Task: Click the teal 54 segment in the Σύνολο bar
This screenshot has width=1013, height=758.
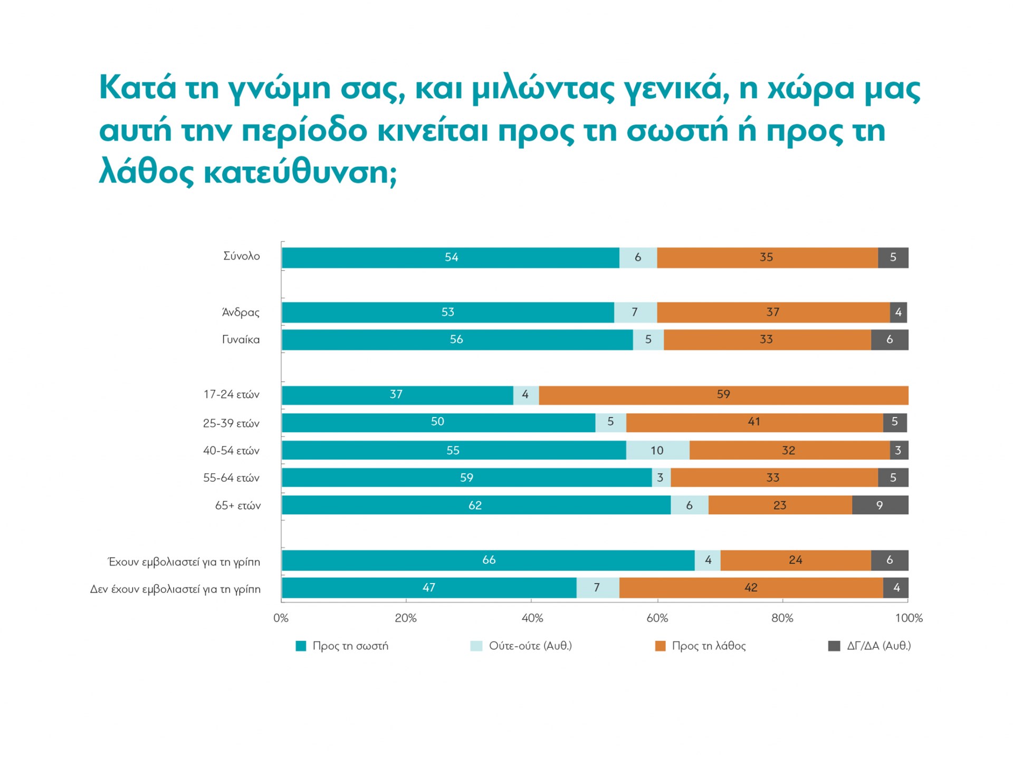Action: tap(451, 258)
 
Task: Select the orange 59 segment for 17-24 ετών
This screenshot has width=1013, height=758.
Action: tap(723, 395)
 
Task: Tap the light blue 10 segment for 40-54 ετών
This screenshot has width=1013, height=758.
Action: tap(657, 450)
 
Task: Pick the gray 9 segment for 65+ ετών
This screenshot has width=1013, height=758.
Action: tap(880, 505)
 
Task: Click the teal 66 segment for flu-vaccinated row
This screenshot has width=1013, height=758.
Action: tap(488, 560)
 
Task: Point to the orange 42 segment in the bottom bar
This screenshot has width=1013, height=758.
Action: tap(751, 588)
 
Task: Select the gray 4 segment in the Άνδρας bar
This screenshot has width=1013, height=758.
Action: tap(899, 313)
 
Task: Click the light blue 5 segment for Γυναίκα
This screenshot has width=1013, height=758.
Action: tap(648, 340)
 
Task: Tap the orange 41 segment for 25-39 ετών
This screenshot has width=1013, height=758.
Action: tap(754, 422)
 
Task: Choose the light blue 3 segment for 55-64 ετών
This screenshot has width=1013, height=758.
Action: tap(661, 478)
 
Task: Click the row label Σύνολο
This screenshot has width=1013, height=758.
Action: tap(242, 257)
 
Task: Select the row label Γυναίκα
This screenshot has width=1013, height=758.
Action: tap(241, 340)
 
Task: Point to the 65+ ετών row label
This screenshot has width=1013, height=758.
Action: tap(238, 506)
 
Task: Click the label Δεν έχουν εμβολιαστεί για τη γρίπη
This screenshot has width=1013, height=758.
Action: tap(175, 589)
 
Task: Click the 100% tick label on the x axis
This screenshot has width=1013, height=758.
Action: tap(909, 618)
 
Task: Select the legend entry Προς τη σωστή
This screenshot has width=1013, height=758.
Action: tap(350, 646)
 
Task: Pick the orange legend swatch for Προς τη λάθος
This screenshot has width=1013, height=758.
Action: tap(660, 646)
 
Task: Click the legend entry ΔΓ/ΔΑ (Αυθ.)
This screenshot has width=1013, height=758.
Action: tap(878, 646)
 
